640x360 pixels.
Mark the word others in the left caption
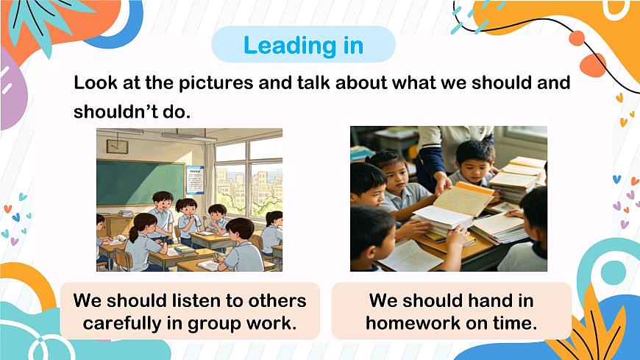[273, 300]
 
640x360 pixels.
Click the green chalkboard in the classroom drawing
[140, 183]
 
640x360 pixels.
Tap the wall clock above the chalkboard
[117, 147]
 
